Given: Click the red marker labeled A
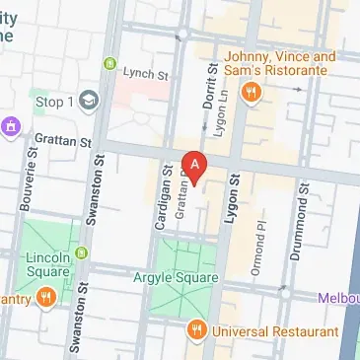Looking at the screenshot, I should click(196, 166).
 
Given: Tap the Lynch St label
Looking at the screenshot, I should click(146, 73).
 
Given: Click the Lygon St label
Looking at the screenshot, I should click(235, 200).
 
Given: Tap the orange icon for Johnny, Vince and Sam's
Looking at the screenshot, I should click(252, 93).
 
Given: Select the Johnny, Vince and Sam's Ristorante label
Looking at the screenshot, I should click(282, 64).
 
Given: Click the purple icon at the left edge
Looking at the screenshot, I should click(12, 125).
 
